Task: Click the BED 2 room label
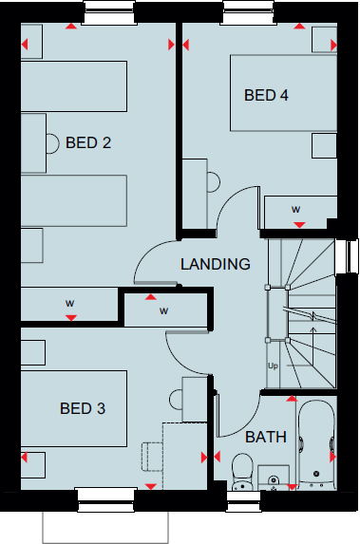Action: tap(88, 143)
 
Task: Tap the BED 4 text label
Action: tap(266, 95)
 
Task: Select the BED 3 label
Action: tap(83, 409)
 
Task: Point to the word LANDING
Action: tap(216, 264)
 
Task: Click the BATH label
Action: tap(266, 438)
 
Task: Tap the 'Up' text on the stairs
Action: tap(274, 365)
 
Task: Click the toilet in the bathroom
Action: tap(241, 470)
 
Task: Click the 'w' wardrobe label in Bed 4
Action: tap(296, 209)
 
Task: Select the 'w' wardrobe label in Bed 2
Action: tap(69, 304)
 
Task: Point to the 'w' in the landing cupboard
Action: tap(163, 310)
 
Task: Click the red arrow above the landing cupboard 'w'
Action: tap(149, 297)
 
